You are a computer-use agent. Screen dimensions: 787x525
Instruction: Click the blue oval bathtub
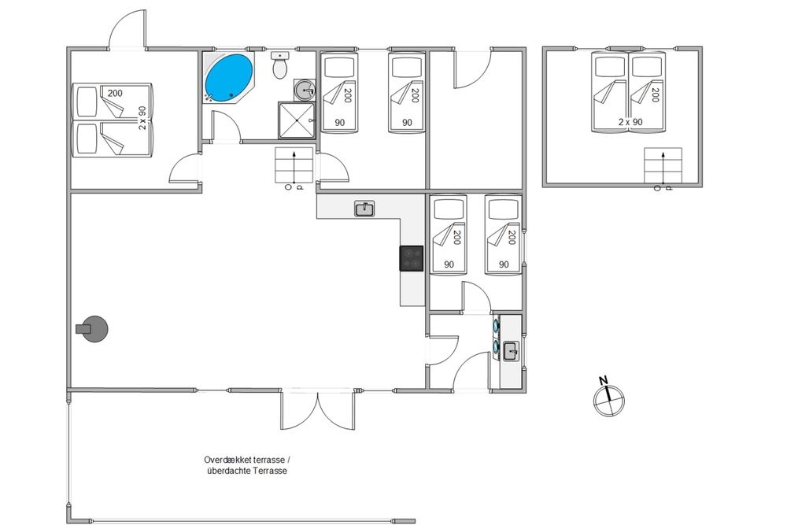[x=229, y=77]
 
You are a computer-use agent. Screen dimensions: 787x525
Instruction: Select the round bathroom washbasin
[x=304, y=91]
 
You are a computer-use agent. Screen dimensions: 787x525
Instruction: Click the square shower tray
[x=297, y=120]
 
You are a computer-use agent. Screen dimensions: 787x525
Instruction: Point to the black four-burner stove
[x=412, y=258]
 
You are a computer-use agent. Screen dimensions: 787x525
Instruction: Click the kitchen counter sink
[x=364, y=209]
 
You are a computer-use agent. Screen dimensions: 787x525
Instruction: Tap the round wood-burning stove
[x=94, y=329]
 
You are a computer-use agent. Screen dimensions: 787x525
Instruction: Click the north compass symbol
[x=609, y=401]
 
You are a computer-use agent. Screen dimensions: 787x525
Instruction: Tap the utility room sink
[x=511, y=351]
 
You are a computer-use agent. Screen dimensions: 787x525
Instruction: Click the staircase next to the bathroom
[x=294, y=165]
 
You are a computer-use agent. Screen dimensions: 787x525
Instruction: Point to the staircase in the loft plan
[x=663, y=165]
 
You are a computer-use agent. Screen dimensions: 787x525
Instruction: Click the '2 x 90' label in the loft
[x=630, y=122]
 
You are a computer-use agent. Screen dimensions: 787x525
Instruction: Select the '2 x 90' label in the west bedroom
[x=142, y=118]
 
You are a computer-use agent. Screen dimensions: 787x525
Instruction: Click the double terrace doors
[x=318, y=409]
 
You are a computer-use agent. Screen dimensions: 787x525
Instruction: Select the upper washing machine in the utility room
[x=496, y=325]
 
